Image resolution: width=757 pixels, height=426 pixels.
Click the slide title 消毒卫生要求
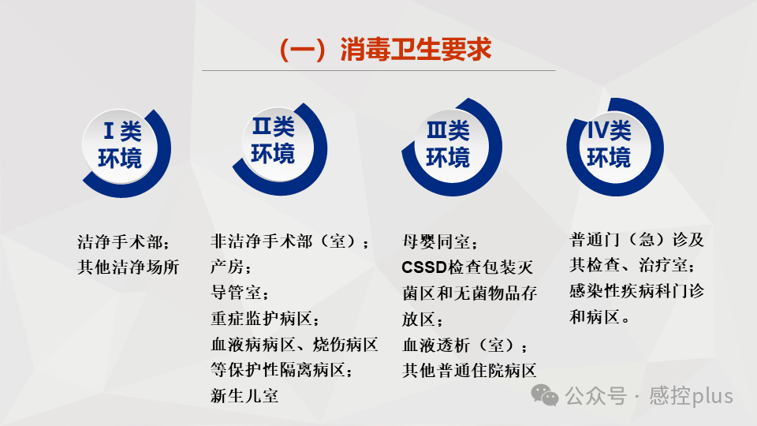386,50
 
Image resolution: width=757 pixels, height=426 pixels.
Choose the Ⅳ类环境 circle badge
609,144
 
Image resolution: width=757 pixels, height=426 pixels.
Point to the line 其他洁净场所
129,267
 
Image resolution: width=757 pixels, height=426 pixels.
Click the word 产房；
231,267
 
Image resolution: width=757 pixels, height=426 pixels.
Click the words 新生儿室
244,396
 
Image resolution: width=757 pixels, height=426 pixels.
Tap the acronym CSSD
424,267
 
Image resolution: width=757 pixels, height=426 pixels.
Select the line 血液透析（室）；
466,345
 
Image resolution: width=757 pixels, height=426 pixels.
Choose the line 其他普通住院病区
469,370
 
